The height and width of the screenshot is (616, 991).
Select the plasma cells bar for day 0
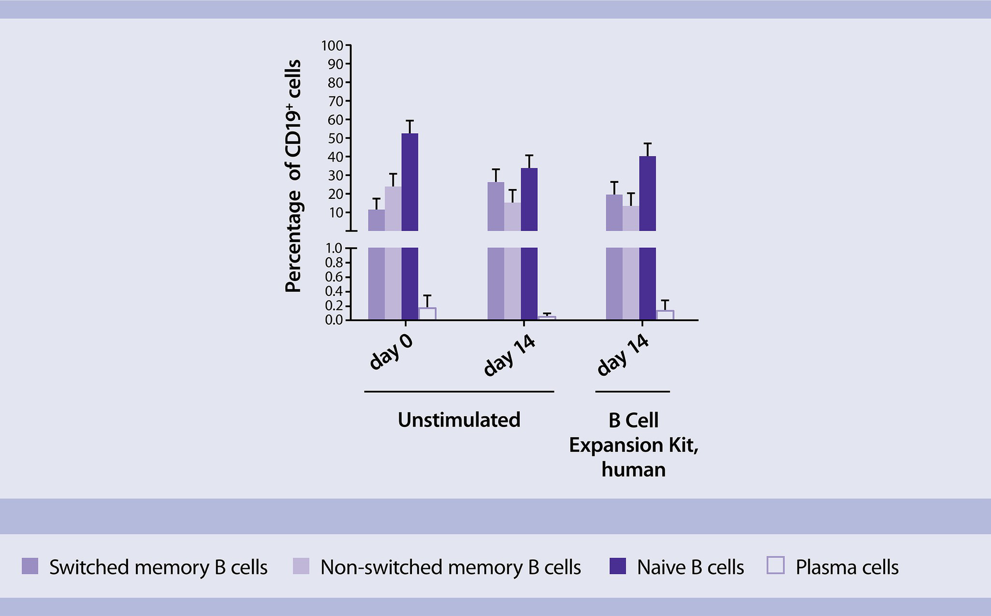coord(427,314)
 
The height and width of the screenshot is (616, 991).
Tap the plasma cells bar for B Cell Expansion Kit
coord(665,315)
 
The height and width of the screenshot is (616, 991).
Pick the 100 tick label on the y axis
coord(332,46)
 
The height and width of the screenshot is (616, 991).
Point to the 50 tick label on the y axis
coord(335,138)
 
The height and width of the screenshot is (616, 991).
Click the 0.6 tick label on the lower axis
coord(334,277)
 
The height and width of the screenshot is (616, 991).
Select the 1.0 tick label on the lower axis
coord(334,248)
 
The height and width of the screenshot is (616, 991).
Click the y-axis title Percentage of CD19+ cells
coord(293,176)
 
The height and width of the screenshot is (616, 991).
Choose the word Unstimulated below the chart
coord(459,420)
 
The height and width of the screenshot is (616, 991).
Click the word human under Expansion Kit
coord(633,470)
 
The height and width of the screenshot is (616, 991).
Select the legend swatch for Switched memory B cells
coord(30,566)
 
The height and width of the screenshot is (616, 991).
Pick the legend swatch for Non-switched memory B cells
coord(301,566)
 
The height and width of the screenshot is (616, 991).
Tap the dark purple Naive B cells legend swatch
coord(618,566)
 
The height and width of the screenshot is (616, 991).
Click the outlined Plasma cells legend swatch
coord(776,565)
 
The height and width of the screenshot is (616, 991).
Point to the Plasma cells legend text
coord(847,567)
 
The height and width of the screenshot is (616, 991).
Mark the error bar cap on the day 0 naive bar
coord(410,121)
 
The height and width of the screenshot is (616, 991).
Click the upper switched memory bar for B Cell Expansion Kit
coord(614,212)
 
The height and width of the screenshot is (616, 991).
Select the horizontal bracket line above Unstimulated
coord(459,392)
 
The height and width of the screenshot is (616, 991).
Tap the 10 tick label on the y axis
coord(336,213)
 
